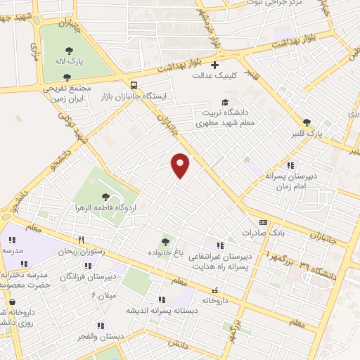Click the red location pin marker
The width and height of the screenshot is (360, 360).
[181, 165]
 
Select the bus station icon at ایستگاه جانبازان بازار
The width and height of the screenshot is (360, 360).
[134, 84]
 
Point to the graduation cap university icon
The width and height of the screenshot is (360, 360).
[225, 102]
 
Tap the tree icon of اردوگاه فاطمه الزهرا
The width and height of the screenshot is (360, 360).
[105, 198]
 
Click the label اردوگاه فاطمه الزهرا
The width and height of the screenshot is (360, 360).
[106, 209]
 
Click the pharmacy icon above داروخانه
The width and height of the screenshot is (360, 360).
[215, 290]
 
